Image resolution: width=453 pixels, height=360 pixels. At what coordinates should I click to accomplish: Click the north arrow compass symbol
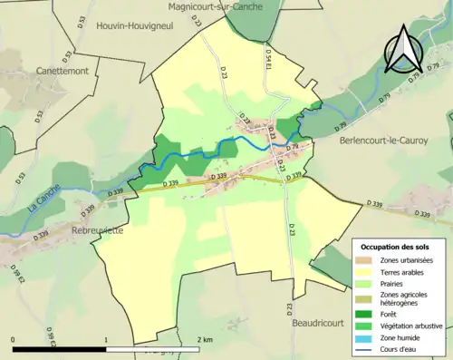coord(401,50)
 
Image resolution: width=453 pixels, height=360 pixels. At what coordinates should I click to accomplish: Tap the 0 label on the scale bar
coord(13,339)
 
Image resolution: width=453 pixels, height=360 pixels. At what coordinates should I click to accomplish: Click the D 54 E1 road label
coord(268,62)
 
